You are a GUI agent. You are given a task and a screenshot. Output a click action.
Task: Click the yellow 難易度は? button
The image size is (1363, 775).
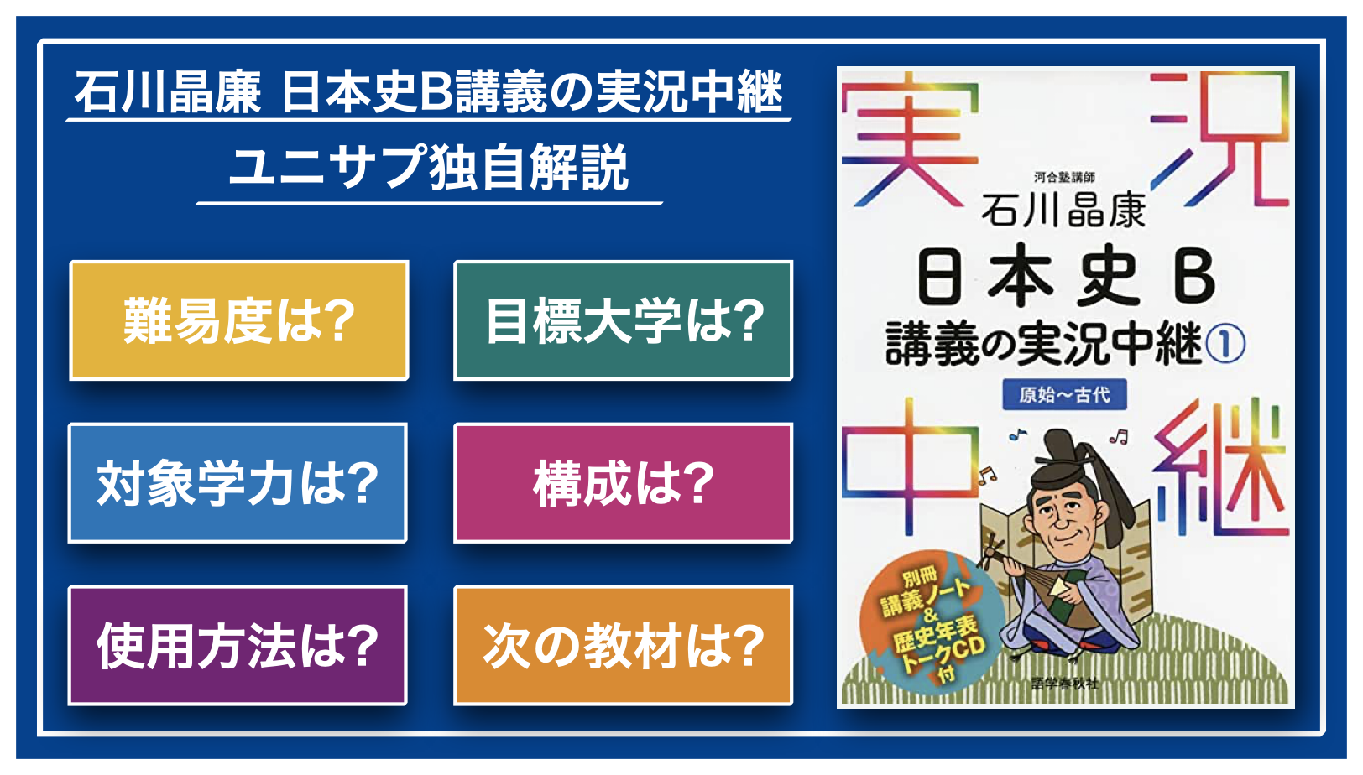point(238,320)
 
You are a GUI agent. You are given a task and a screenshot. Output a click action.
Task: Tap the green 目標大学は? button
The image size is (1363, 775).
point(623,320)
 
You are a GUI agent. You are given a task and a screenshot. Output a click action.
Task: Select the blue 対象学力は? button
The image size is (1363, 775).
point(238,483)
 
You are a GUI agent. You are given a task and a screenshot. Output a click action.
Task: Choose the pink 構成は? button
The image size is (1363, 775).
point(623,483)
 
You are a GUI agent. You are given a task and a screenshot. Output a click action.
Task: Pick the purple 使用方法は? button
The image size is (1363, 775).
point(238,646)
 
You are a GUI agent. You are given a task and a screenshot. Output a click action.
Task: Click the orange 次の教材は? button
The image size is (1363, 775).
point(623,646)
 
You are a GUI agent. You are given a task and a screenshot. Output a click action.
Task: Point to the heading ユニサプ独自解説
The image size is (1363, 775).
point(428,167)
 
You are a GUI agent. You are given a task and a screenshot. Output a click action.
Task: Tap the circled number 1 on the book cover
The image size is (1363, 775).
point(1225,345)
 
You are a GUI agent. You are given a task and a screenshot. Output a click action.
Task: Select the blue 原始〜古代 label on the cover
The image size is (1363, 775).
point(1065,395)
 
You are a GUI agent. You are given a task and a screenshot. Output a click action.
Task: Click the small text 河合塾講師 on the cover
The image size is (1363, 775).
point(1064,177)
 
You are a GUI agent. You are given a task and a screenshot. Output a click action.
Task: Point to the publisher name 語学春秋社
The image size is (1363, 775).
point(1065,684)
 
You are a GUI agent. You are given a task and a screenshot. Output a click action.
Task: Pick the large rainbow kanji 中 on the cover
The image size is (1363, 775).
point(910,467)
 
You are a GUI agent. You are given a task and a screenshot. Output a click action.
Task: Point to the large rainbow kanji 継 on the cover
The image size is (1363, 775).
point(1220,467)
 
